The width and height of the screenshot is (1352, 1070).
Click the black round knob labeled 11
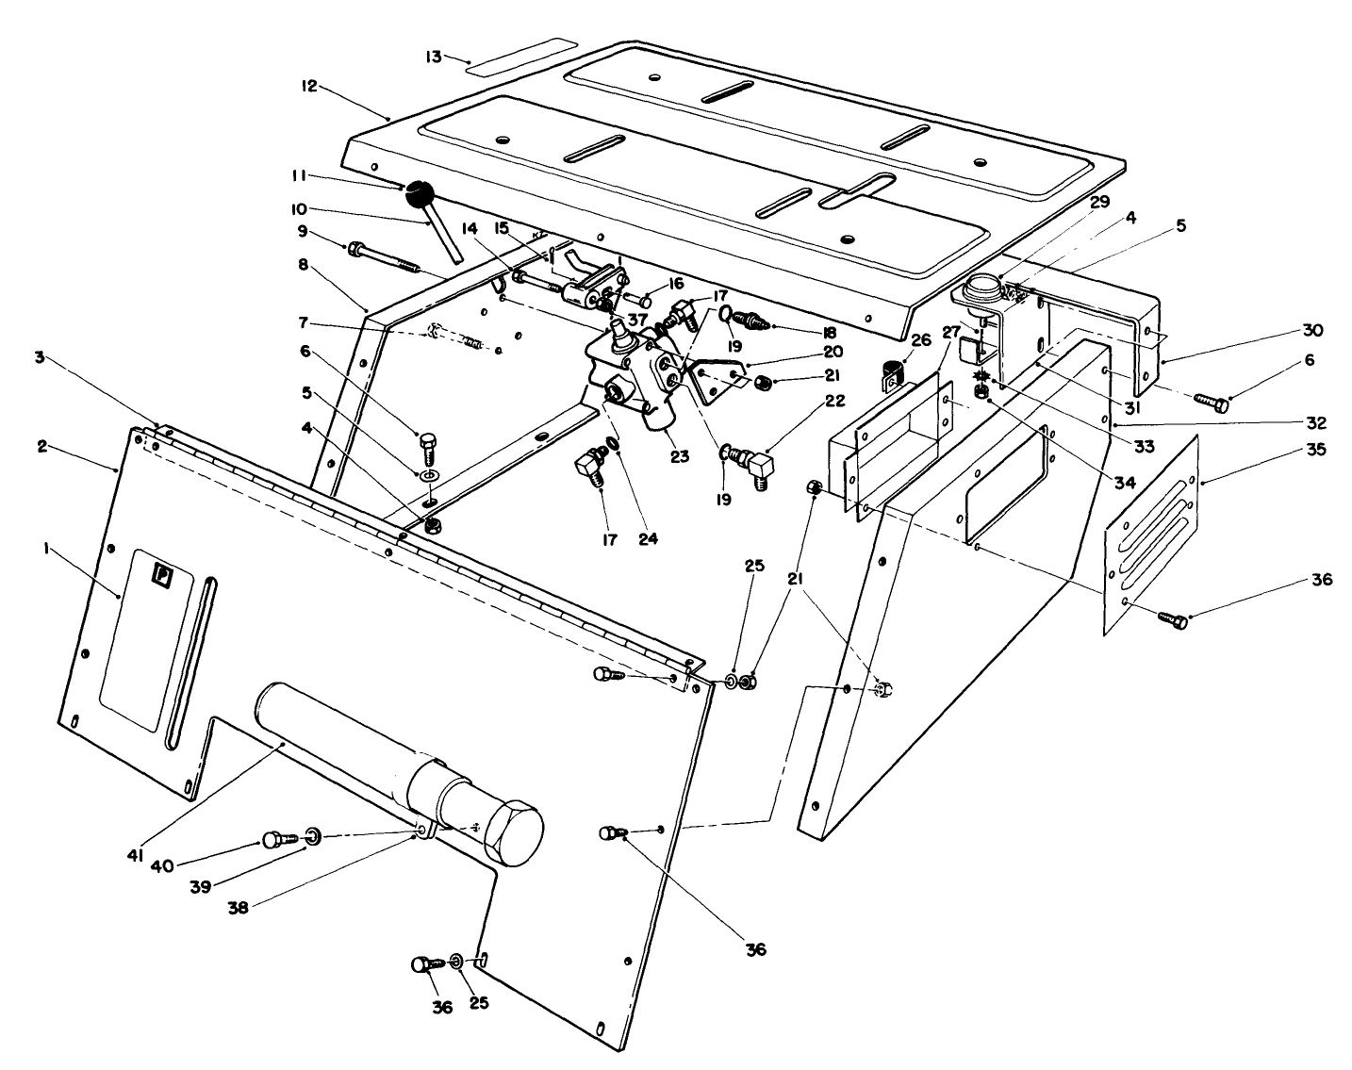click(x=419, y=195)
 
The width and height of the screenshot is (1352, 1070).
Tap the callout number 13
click(x=433, y=57)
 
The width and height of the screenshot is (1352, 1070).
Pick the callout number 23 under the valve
click(x=680, y=456)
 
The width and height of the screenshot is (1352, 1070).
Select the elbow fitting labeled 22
click(x=756, y=465)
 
